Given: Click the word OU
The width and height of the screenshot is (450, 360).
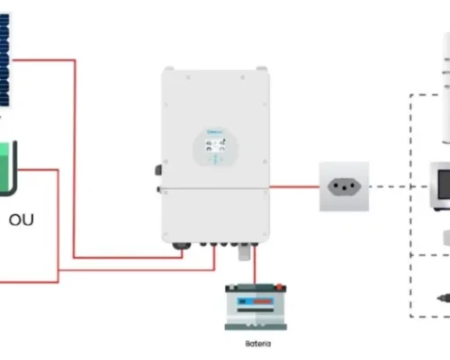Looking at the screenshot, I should (x=22, y=219).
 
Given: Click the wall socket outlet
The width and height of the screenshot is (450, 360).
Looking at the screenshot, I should (x=345, y=187).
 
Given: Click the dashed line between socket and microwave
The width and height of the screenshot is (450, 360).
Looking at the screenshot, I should (x=388, y=187).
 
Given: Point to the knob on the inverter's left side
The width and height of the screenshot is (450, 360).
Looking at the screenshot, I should (x=158, y=169).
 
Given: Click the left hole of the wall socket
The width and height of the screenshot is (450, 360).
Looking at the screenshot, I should (x=336, y=187).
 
